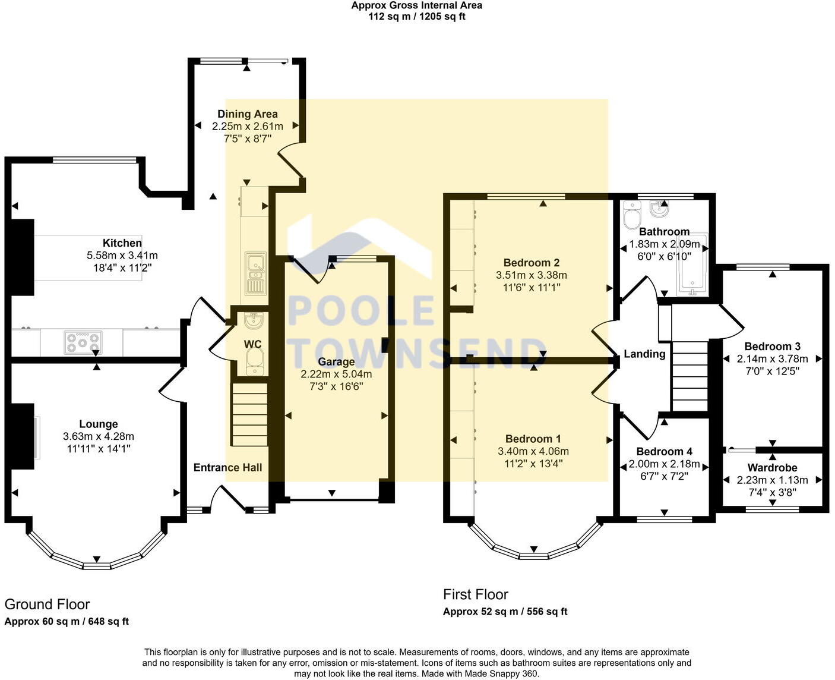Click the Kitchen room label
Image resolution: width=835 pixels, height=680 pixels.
tap(122, 243)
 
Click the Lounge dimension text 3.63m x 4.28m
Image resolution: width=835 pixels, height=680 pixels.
tap(99, 436)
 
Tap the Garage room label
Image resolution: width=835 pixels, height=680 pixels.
tap(336, 362)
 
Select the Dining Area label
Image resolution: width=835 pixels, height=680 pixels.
tap(247, 114)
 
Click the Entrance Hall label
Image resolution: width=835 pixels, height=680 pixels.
tap(227, 468)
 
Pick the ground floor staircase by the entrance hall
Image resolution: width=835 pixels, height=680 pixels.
tap(249, 414)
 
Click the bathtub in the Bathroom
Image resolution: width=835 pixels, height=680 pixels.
tap(692, 265)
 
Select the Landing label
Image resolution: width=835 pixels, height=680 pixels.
tap(644, 354)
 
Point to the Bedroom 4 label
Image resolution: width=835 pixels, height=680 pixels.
tap(664, 452)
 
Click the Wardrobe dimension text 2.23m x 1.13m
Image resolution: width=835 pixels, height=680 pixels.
tap(772, 480)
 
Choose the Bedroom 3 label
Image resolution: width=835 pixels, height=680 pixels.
tap(772, 347)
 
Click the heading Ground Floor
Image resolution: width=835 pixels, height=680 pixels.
tap(47, 605)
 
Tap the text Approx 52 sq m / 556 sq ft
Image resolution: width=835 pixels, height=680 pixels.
tap(505, 612)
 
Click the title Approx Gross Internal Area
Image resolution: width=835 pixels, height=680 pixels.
tap(416, 5)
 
